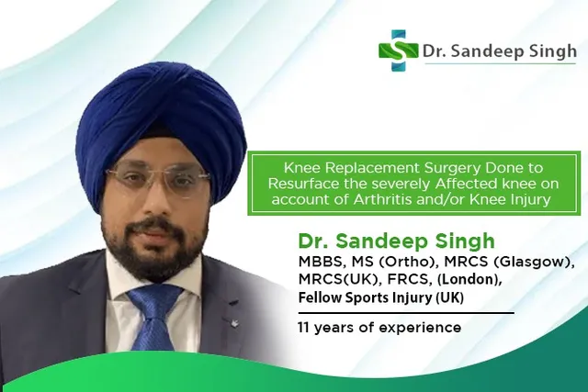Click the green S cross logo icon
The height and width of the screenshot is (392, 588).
click(x=398, y=50)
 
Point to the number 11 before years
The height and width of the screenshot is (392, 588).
click(x=304, y=328)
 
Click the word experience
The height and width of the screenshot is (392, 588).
click(x=420, y=329)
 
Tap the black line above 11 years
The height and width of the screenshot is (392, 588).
click(x=406, y=312)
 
